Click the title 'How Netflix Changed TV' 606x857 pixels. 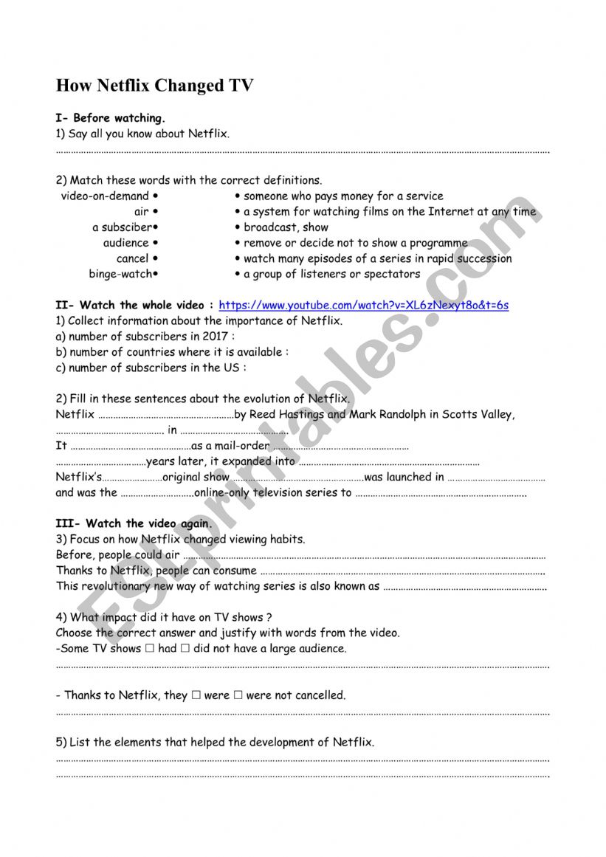pos(155,86)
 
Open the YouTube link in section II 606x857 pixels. pos(364,305)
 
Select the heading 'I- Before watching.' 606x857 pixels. pos(111,118)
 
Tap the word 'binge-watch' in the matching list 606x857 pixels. pos(120,274)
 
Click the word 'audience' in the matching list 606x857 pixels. pos(125,243)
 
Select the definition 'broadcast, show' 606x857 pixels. pos(286,227)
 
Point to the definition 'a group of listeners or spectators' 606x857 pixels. pos(331,274)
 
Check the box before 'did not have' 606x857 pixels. pos(185,649)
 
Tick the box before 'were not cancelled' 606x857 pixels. pos(238,695)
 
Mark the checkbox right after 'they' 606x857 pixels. pos(196,695)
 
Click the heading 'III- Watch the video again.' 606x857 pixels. pos(134,524)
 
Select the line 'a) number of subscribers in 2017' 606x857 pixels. pos(145,337)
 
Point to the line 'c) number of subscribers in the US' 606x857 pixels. pos(151,368)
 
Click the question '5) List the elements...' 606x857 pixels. pos(215,742)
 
